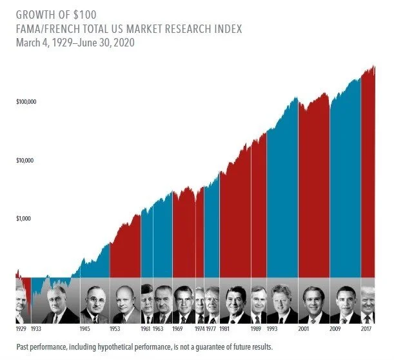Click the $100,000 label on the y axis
26,103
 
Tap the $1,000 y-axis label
25,219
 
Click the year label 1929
21,328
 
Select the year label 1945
84,328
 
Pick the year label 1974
199,328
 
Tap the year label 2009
335,328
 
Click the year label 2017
366,328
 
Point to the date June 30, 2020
109,43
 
